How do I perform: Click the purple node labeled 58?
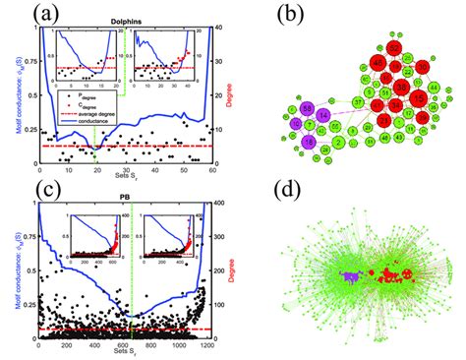coord(307,107)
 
